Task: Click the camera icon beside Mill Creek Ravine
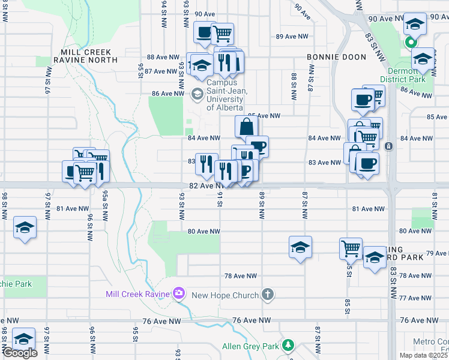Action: pyautogui.click(x=178, y=293)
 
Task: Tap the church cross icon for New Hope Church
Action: pyautogui.click(x=268, y=295)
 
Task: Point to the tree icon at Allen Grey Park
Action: pyautogui.click(x=289, y=345)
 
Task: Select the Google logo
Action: pyautogui.click(x=20, y=353)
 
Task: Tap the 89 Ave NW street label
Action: pyautogui.click(x=292, y=37)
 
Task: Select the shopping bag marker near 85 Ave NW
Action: pyautogui.click(x=246, y=126)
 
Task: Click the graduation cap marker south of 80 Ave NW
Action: pyautogui.click(x=300, y=246)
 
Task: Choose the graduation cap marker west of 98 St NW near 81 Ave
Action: pyautogui.click(x=25, y=227)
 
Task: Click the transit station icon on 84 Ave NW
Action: pyautogui.click(x=388, y=146)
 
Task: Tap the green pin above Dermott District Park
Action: pyautogui.click(x=410, y=43)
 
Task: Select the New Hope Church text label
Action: pyautogui.click(x=224, y=295)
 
